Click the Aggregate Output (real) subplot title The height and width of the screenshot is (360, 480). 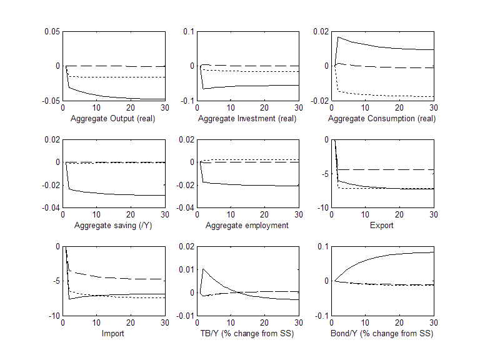tap(112, 118)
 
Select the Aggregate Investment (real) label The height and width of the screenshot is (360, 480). tap(248, 118)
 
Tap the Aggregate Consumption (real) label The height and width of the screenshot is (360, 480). tap(382, 118)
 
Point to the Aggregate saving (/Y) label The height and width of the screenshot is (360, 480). tap(113, 225)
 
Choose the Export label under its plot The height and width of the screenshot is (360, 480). tap(381, 225)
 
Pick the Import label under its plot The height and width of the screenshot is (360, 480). tap(113, 333)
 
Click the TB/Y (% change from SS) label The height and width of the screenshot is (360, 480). tap(247, 333)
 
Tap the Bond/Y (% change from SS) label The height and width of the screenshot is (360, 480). tap(382, 333)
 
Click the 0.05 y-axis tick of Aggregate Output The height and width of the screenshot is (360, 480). tap(51, 32)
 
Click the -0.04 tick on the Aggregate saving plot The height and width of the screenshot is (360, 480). tap(50, 207)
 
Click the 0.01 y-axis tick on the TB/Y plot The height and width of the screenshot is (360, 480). tap(186, 269)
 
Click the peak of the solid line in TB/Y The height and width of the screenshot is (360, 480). tap(203, 269)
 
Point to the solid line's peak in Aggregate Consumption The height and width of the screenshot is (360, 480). tap(338, 37)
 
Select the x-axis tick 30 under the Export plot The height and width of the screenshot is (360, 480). tap(432, 214)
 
